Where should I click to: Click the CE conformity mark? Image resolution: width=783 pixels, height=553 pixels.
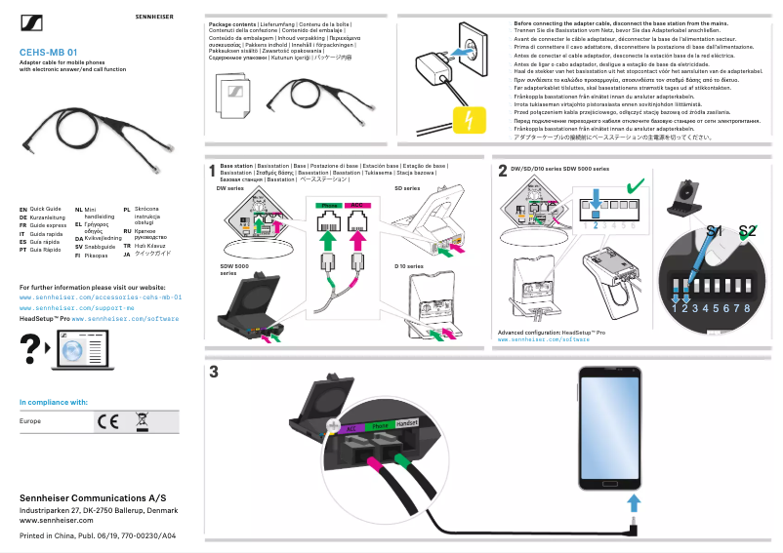(x=106, y=421)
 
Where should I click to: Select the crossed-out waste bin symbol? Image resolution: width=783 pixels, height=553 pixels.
(x=141, y=421)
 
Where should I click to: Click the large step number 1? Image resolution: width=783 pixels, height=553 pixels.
(x=212, y=172)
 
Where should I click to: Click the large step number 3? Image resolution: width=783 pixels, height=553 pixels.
(x=213, y=373)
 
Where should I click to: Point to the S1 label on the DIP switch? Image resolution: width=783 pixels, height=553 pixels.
(x=715, y=231)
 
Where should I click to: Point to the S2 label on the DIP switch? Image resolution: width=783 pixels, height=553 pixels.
(x=747, y=231)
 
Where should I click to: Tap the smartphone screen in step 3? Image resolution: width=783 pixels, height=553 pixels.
(x=608, y=428)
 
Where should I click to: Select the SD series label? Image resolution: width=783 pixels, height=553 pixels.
(x=406, y=187)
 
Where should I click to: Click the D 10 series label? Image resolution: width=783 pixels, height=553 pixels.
(x=408, y=265)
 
